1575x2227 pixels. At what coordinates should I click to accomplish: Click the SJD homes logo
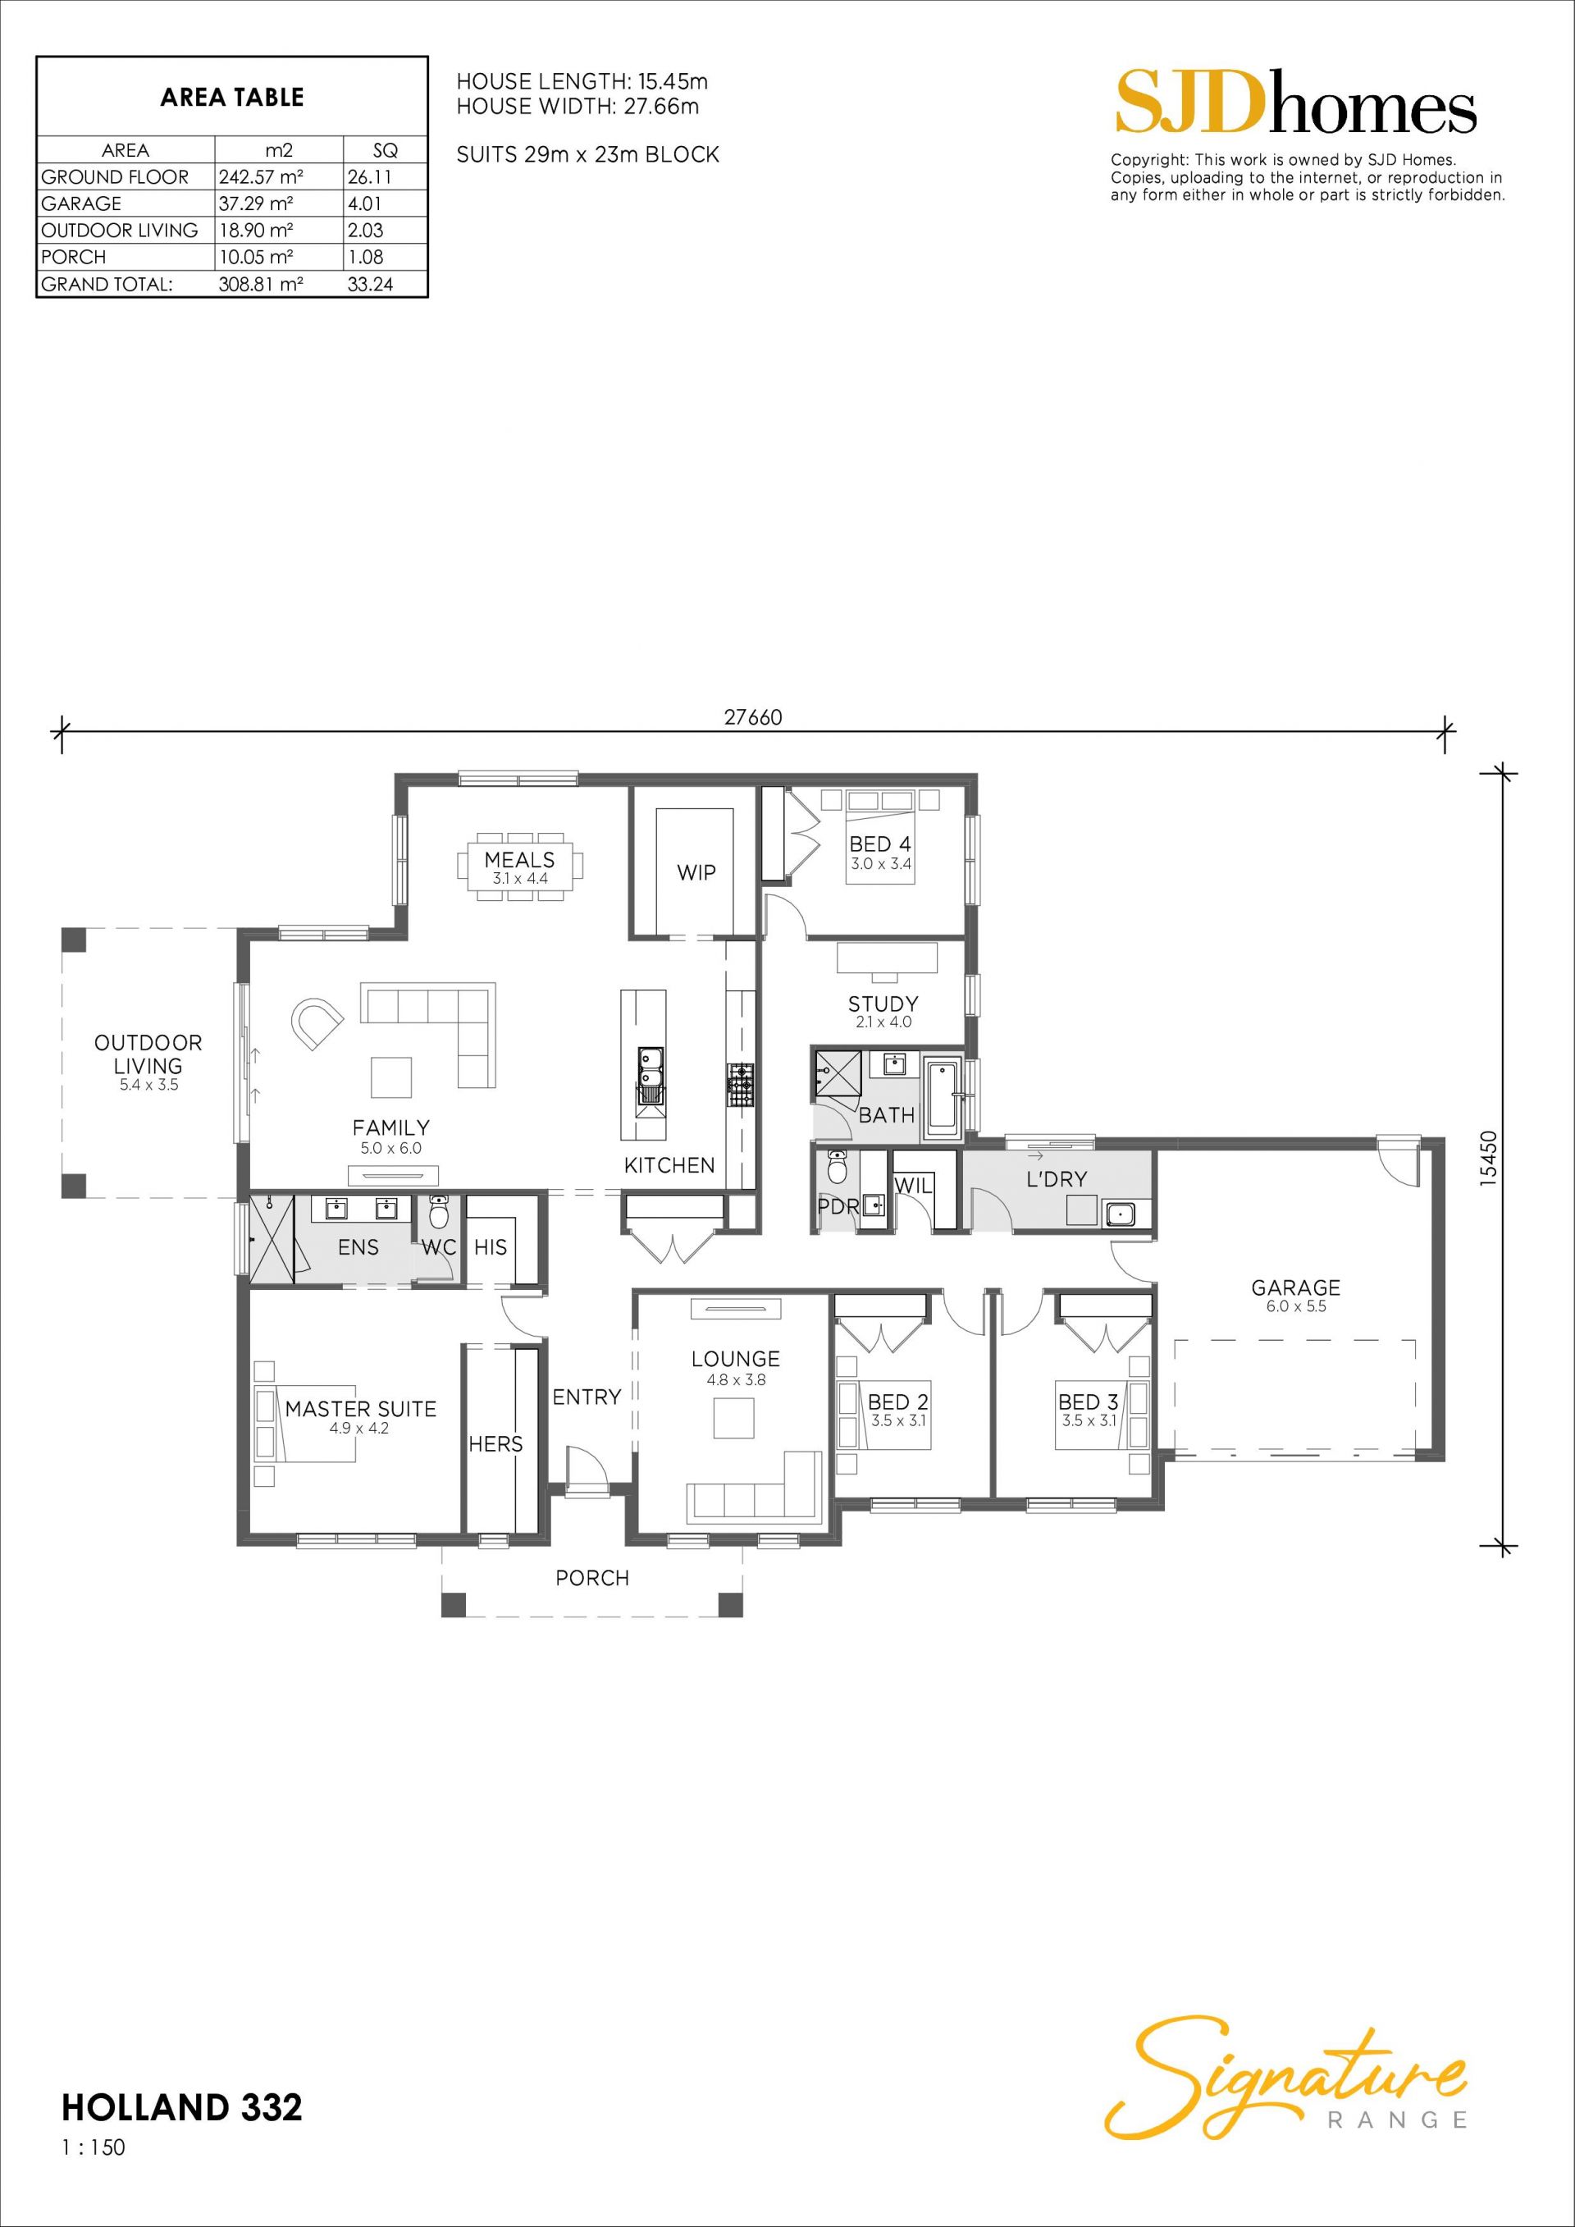[1296, 102]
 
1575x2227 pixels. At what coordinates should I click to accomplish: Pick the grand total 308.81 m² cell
[261, 284]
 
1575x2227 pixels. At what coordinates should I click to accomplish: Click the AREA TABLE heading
[232, 97]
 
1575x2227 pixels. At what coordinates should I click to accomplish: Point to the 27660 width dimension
[752, 718]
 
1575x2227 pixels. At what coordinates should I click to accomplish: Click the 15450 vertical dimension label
[1490, 1156]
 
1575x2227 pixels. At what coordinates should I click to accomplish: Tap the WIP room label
[696, 872]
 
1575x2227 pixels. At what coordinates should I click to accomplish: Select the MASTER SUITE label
[361, 1408]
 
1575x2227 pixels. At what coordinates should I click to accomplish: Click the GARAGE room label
[1296, 1287]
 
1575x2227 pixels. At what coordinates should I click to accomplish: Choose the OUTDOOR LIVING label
[148, 1054]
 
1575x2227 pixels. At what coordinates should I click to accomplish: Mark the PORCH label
[592, 1578]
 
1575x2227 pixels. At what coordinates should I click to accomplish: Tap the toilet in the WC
[440, 1214]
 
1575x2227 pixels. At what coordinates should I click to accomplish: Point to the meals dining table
[520, 867]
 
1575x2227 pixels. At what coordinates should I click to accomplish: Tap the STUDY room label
[883, 1004]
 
